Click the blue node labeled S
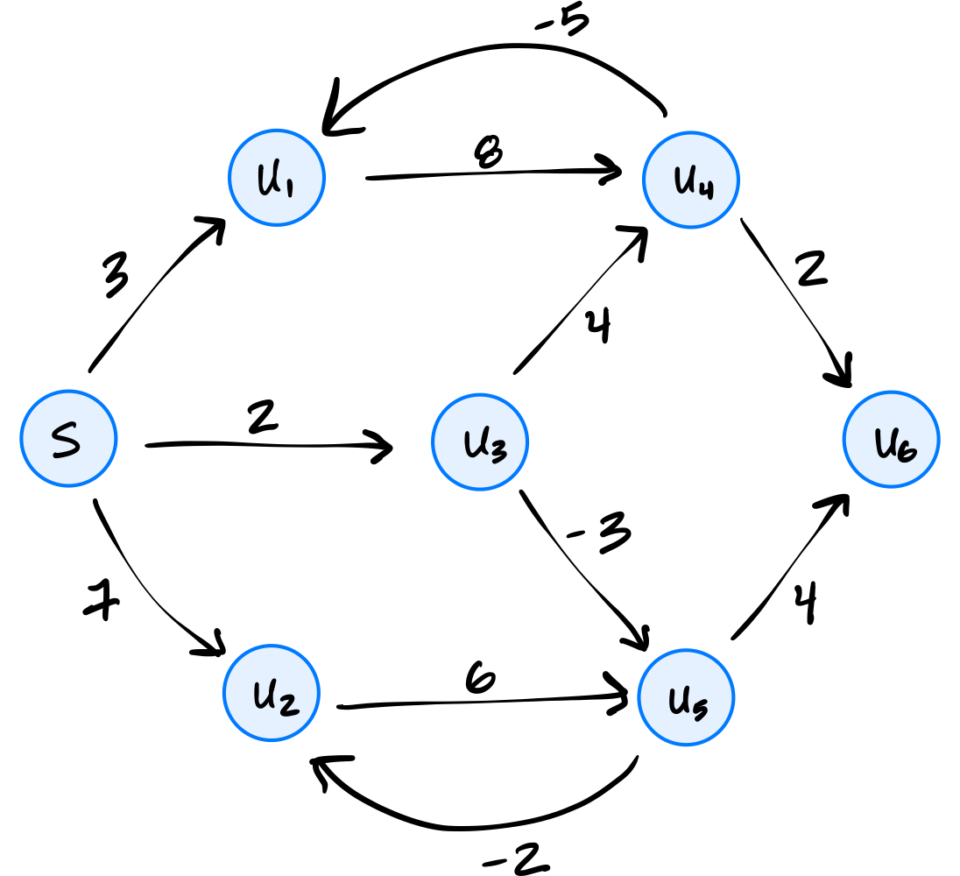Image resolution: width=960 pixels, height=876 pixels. (x=68, y=438)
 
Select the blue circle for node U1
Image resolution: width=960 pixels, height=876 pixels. (x=277, y=178)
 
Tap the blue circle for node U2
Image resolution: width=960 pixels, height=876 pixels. (x=272, y=693)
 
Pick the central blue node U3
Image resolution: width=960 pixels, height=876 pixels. (x=480, y=442)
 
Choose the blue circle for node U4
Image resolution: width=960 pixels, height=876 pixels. (x=691, y=180)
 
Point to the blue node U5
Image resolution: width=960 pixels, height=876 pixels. (x=686, y=698)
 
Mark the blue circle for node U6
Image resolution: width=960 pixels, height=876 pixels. (x=891, y=439)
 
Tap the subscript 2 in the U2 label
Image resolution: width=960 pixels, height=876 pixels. (x=287, y=703)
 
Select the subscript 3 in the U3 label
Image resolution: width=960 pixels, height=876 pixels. (x=496, y=450)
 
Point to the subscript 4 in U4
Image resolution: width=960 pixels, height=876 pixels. (x=705, y=187)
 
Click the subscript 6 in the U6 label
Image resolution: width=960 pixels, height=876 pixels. (x=906, y=451)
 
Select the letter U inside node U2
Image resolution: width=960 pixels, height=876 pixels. (x=265, y=695)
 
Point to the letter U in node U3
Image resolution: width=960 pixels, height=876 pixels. (x=476, y=443)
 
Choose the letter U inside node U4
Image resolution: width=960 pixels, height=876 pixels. (x=684, y=180)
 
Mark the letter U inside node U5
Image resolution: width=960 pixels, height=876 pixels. (x=679, y=700)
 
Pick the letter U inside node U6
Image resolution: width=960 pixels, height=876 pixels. (x=886, y=443)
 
